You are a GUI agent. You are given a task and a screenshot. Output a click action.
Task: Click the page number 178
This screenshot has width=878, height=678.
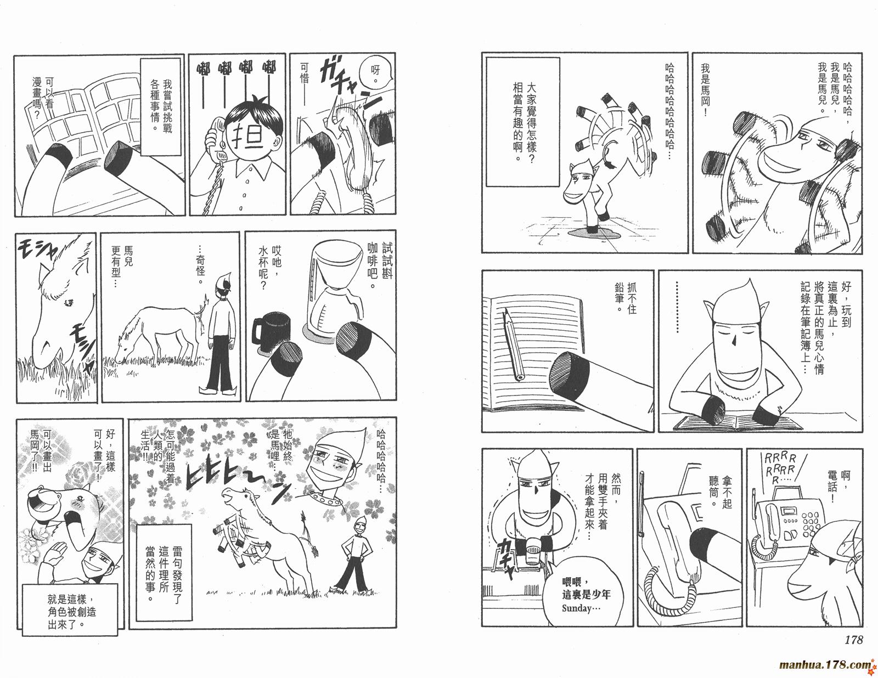tap(853, 640)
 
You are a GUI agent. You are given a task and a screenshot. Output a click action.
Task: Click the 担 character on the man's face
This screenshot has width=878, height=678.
tap(247, 135)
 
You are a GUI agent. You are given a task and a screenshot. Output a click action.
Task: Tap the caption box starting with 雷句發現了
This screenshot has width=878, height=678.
tap(164, 572)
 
